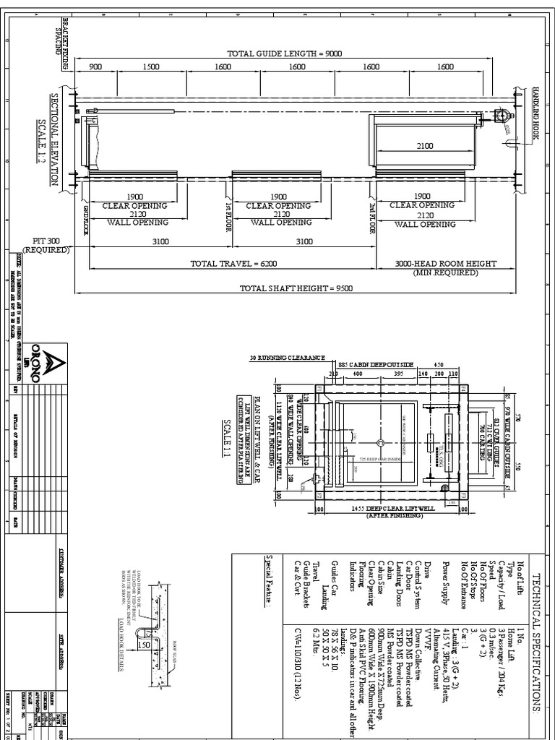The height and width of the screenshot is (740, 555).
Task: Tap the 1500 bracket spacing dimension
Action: [x=150, y=66]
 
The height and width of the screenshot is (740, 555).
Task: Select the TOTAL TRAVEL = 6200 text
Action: [x=223, y=264]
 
